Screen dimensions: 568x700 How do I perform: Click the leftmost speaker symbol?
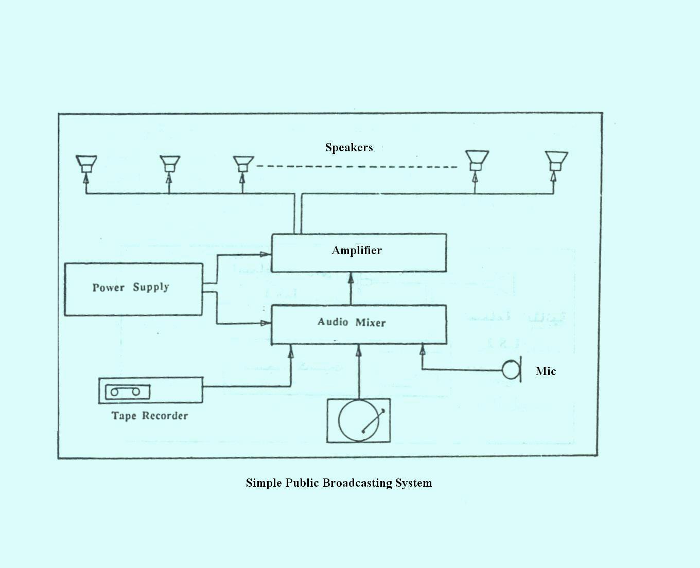tap(86, 164)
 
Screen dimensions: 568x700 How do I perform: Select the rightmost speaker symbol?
tap(556, 161)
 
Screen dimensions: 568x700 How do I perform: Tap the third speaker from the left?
tap(243, 164)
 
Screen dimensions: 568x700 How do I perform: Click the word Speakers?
tap(348, 148)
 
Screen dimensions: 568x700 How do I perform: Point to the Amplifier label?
tap(357, 251)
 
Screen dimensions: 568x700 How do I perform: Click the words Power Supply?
tap(131, 287)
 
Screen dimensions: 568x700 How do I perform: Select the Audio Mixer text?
tap(352, 322)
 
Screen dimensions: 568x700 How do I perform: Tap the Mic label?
tap(545, 371)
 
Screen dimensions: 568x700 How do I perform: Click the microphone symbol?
tap(512, 369)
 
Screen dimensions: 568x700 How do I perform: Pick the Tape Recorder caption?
tap(150, 416)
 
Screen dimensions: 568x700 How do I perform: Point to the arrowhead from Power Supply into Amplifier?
tap(265, 254)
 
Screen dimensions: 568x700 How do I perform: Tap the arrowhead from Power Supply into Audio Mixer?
tap(265, 323)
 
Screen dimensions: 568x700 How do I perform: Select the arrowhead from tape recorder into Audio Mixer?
tap(291, 351)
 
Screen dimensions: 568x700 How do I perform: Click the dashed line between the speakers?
tap(356, 167)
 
